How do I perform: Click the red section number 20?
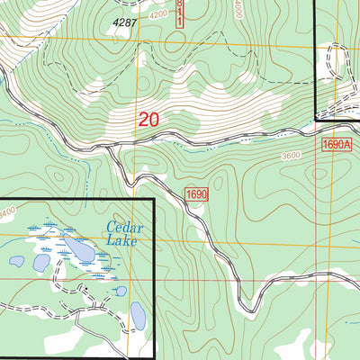(149, 119)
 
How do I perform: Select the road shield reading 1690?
(197, 194)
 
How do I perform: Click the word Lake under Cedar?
(121, 241)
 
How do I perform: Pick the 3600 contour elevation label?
(289, 156)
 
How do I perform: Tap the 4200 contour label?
(159, 15)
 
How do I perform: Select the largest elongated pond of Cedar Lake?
(76, 247)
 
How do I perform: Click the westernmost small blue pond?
(16, 262)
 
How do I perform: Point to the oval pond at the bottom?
(138, 315)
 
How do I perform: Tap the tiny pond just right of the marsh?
(121, 291)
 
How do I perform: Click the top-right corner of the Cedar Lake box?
(154, 200)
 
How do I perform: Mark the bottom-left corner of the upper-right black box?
(315, 118)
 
